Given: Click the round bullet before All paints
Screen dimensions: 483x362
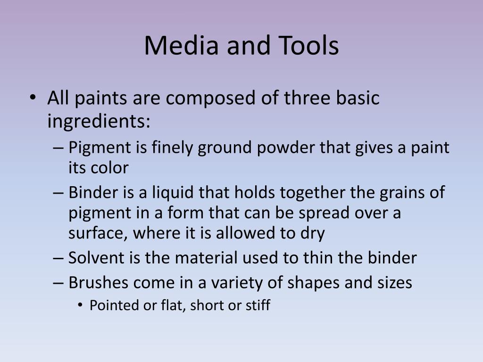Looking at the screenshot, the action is [x=33, y=98].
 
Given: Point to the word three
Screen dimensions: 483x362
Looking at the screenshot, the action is [x=307, y=98].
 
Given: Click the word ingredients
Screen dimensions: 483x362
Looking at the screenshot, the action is [x=99, y=121].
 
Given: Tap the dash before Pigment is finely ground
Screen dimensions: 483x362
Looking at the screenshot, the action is [x=58, y=148].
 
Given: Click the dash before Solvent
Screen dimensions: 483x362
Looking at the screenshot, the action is [x=58, y=258].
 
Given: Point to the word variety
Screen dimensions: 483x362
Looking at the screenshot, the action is [x=237, y=283].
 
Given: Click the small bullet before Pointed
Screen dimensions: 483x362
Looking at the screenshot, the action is [x=80, y=305].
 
